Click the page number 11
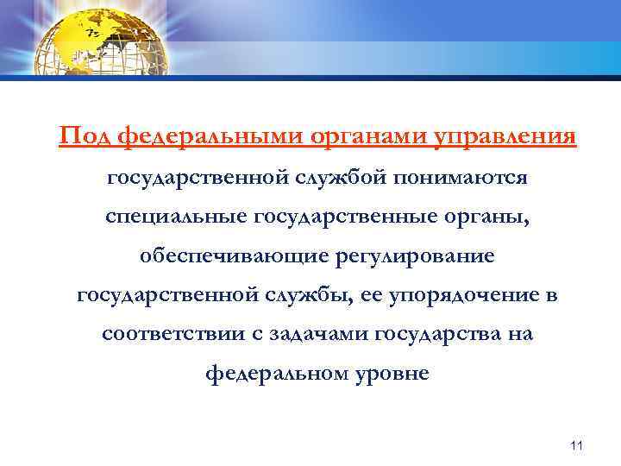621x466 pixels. click(577, 445)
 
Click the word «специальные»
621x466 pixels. click(174, 215)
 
